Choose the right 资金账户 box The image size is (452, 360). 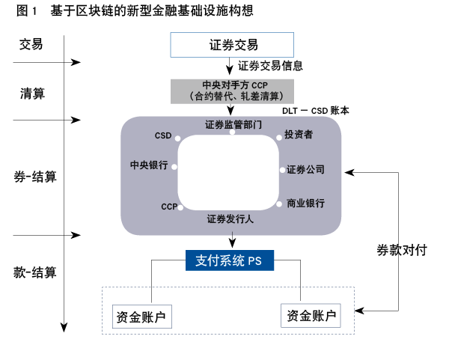[310, 316]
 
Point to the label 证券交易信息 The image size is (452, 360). [270, 66]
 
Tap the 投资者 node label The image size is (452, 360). [299, 136]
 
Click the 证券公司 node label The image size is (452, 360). [305, 169]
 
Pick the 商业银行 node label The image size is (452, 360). [305, 203]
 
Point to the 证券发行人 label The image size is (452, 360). [230, 220]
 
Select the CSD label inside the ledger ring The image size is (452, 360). [162, 136]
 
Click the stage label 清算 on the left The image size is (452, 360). [33, 94]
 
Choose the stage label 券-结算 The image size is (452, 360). [37, 177]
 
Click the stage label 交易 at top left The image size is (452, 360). [31, 45]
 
